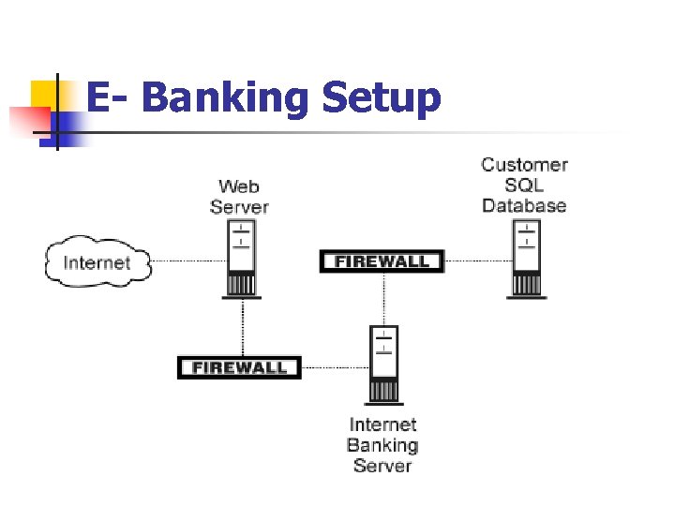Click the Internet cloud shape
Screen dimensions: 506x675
click(97, 261)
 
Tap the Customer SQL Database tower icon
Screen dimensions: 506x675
click(526, 260)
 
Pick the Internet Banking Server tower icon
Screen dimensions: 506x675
click(383, 365)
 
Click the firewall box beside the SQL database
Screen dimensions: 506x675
click(382, 261)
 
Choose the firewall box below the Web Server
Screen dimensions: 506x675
click(239, 367)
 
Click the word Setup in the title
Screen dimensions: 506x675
click(382, 98)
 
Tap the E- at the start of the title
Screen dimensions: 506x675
click(108, 98)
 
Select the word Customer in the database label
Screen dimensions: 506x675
click(524, 165)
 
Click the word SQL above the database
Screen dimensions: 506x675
click(524, 185)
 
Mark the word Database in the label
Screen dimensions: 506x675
click(524, 205)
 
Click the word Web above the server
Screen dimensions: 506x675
click(239, 187)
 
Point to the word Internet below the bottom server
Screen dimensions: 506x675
click(382, 425)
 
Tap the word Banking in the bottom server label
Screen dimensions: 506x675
click(382, 446)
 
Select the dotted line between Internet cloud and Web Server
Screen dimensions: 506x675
click(187, 260)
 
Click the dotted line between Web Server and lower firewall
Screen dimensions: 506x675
click(243, 328)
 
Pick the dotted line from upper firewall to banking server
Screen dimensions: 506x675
click(382, 298)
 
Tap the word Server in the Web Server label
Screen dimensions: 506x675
click(239, 207)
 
